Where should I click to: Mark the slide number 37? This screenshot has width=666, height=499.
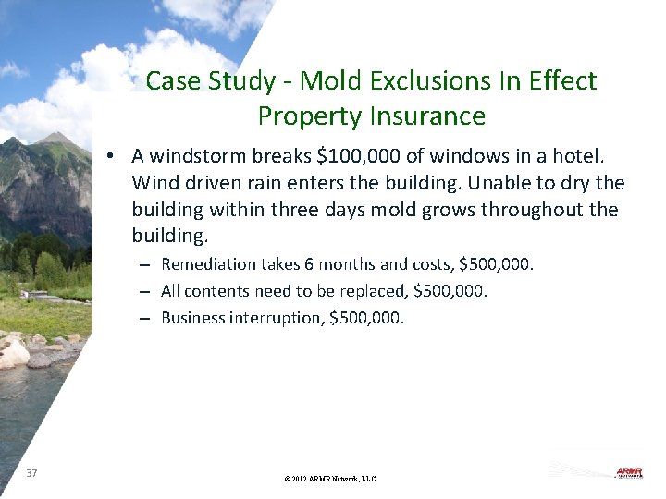[x=32, y=473]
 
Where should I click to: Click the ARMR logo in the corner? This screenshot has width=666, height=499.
[x=629, y=472]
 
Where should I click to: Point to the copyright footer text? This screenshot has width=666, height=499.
[x=331, y=479]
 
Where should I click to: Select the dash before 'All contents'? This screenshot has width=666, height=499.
[x=146, y=291]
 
